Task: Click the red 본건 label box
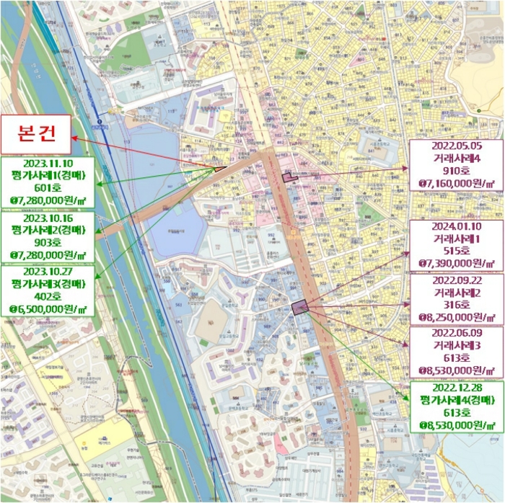[36, 134]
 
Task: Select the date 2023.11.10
[48, 164]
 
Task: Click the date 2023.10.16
[48, 218]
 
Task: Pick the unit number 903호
[48, 241]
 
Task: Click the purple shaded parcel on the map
[299, 307]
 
